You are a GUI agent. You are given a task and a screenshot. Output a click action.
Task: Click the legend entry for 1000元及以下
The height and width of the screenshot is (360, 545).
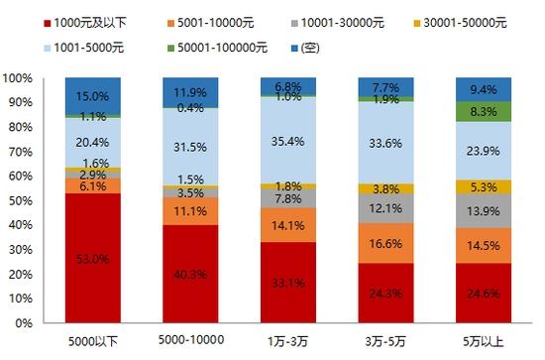(x=85, y=23)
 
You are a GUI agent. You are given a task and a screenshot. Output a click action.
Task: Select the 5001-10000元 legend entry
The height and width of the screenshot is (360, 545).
(x=210, y=23)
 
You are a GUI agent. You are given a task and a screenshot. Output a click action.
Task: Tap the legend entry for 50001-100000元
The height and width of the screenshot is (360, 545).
(x=217, y=48)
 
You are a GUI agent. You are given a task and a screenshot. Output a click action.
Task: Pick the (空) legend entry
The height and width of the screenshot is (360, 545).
(x=305, y=48)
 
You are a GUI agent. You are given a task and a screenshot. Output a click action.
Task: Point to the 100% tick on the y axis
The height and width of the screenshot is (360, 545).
(x=18, y=78)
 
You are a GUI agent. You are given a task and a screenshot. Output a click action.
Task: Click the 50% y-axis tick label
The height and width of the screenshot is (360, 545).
(x=20, y=200)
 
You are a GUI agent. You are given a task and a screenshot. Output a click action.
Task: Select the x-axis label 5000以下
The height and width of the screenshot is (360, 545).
(x=93, y=341)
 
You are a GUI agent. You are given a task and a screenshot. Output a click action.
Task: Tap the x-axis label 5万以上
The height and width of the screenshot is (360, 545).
(x=484, y=341)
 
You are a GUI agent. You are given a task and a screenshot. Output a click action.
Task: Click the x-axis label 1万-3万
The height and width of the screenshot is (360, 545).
(x=288, y=341)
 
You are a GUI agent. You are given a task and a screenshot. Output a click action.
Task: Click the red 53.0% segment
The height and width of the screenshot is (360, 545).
(x=93, y=258)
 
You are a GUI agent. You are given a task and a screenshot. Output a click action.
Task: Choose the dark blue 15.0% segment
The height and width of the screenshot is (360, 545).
(x=93, y=96)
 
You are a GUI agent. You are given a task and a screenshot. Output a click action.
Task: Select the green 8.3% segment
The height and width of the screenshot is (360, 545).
(x=484, y=112)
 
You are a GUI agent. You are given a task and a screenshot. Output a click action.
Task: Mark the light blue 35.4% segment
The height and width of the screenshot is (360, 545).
(x=288, y=140)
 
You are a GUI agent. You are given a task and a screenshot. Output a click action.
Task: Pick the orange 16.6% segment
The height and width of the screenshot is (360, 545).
(x=385, y=243)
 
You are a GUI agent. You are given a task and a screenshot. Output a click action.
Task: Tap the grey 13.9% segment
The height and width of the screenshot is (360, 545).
(x=484, y=211)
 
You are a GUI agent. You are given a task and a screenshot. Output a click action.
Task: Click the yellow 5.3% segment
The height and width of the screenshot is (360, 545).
(x=484, y=187)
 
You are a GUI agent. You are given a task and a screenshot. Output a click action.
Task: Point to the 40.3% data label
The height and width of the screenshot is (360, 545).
(x=190, y=275)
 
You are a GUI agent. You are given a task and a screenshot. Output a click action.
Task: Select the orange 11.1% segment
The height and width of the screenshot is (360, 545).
(x=190, y=211)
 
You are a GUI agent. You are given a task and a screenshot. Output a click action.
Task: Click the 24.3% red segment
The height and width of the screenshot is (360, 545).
(x=385, y=293)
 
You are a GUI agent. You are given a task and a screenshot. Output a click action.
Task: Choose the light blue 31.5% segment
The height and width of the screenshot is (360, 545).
(x=190, y=147)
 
